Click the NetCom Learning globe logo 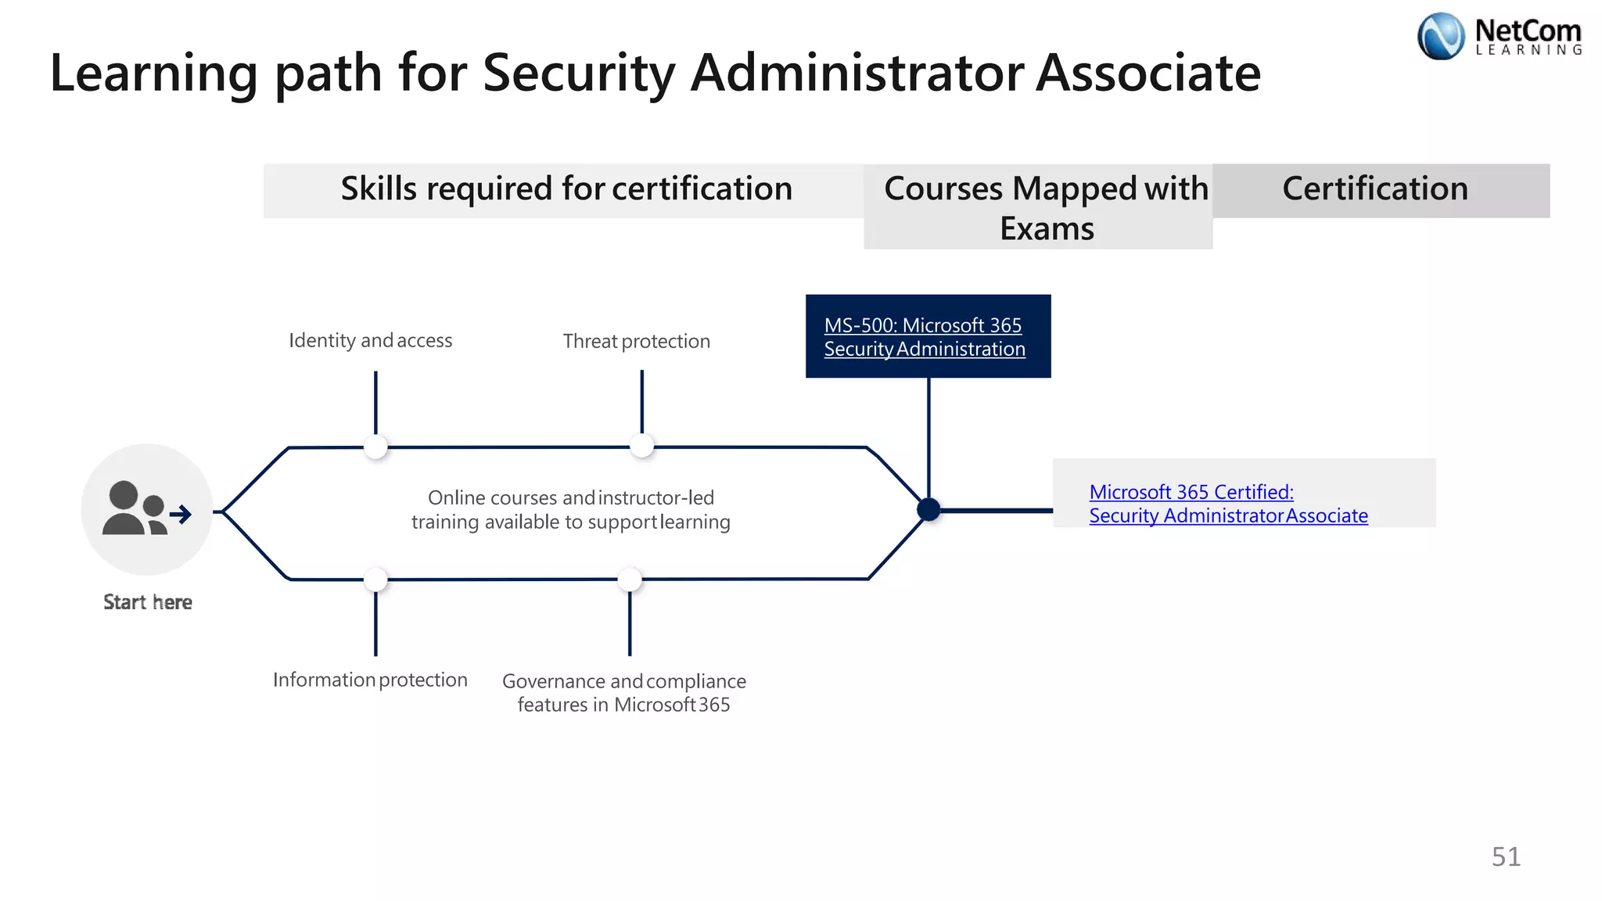[x=1440, y=36]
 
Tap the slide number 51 [x=1506, y=856]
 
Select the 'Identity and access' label [x=370, y=340]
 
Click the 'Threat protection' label [x=636, y=341]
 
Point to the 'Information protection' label [x=370, y=680]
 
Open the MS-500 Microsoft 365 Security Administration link [x=924, y=337]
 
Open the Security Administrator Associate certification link [x=1228, y=504]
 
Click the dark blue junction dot [x=929, y=510]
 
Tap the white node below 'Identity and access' [x=376, y=447]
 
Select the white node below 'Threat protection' [x=641, y=446]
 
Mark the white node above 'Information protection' [x=376, y=580]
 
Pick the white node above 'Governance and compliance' [x=630, y=580]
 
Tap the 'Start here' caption [x=148, y=602]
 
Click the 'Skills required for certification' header [x=566, y=189]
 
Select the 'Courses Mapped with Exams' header [x=1046, y=208]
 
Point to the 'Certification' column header [x=1375, y=189]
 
